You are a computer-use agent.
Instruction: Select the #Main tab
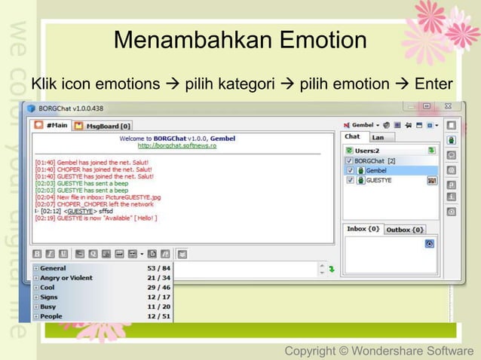click(x=54, y=125)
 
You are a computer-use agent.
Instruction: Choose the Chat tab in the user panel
click(x=352, y=137)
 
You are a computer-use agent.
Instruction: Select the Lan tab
click(x=378, y=137)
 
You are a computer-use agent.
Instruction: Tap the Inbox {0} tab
click(x=363, y=230)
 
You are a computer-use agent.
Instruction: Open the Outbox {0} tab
click(x=405, y=230)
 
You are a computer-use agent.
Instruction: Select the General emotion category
click(x=53, y=268)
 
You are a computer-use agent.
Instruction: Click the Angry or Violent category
click(x=66, y=278)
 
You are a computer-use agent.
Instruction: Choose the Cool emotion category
click(x=47, y=288)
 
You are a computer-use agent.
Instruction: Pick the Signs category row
click(x=49, y=297)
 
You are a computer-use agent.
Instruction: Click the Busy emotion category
click(x=48, y=307)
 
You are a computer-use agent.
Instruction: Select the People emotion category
click(x=51, y=317)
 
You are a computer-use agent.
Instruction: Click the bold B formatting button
click(x=37, y=254)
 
